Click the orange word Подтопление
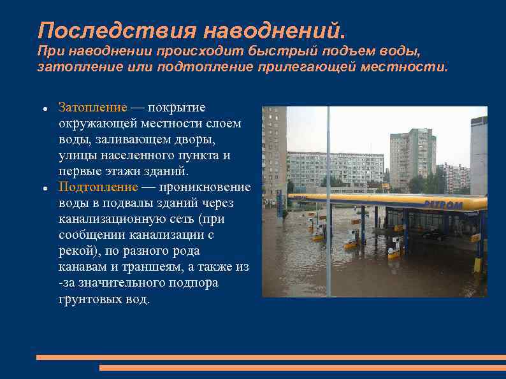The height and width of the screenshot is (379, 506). [98, 187]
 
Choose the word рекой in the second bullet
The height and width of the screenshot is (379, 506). [75, 251]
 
